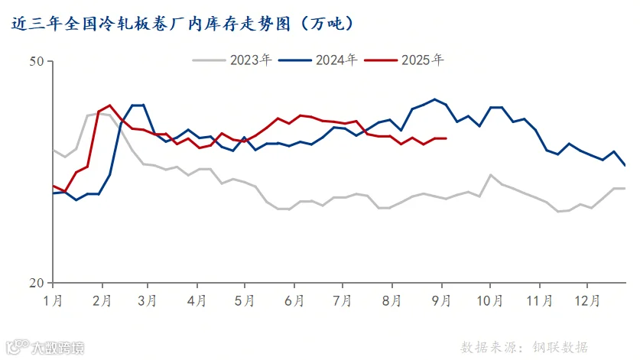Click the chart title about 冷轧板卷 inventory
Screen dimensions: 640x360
(182, 24)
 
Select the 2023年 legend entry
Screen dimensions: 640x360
(232, 60)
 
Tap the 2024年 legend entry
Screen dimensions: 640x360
(317, 60)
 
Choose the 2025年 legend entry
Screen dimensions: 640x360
(404, 60)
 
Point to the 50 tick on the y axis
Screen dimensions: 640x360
(37, 61)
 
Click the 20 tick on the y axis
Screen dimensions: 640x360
(37, 283)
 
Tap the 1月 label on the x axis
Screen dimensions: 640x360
(53, 301)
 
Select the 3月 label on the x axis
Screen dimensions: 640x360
(147, 301)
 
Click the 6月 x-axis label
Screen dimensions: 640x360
(294, 301)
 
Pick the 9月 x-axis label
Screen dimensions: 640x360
(441, 301)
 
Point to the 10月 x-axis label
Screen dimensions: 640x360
(490, 301)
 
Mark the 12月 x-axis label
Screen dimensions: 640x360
(587, 301)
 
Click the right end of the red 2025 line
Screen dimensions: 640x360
(446, 138)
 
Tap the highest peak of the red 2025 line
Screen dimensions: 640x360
(109, 105)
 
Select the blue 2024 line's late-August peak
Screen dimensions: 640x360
(434, 99)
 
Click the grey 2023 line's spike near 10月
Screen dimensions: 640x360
(490, 175)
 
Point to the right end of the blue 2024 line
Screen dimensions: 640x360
(625, 165)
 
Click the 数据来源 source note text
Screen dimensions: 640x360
(524, 347)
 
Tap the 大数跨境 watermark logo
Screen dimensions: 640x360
(46, 347)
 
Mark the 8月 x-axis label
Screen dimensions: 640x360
(391, 301)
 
